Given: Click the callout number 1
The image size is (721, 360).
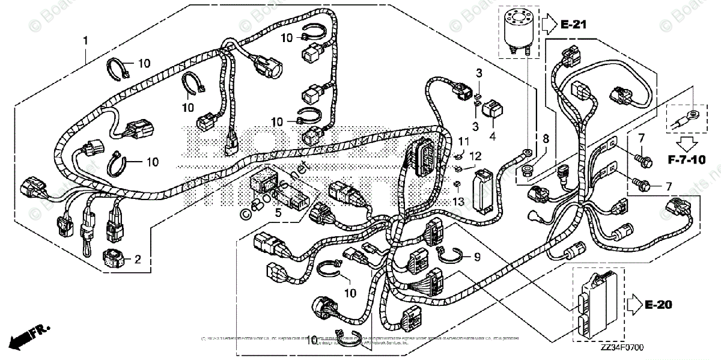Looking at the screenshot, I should pyautogui.click(x=85, y=41).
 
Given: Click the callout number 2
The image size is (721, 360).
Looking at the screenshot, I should pyautogui.click(x=138, y=260).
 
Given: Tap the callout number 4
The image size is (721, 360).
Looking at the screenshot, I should pyautogui.click(x=493, y=137).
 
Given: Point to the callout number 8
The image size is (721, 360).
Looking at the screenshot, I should pyautogui.click(x=546, y=138).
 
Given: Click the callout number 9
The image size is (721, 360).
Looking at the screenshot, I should pyautogui.click(x=478, y=257).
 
